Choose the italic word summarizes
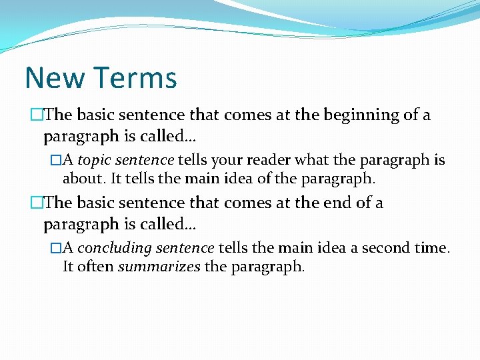[159, 267]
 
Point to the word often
[94, 267]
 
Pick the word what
[313, 161]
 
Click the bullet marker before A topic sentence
[56, 161]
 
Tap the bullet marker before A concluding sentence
[56, 248]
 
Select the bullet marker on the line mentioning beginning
[36, 115]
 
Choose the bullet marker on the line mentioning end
[36, 203]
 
